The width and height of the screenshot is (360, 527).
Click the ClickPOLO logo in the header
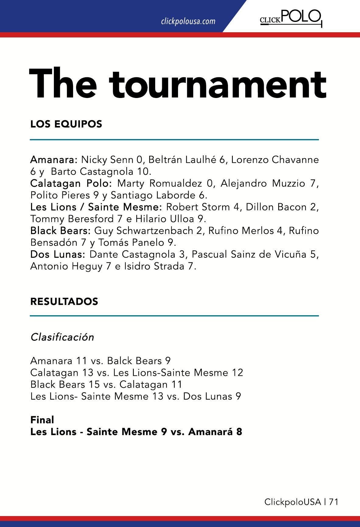click(291, 18)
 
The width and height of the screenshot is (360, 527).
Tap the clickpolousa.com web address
click(188, 21)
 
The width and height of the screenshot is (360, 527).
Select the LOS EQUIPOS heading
click(66, 124)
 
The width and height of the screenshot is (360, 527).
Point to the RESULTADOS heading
click(64, 302)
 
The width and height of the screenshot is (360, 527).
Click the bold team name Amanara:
click(54, 159)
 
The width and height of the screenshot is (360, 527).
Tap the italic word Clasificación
click(62, 337)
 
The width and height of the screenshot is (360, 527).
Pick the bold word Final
click(42, 420)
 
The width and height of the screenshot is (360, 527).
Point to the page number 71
click(334, 502)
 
